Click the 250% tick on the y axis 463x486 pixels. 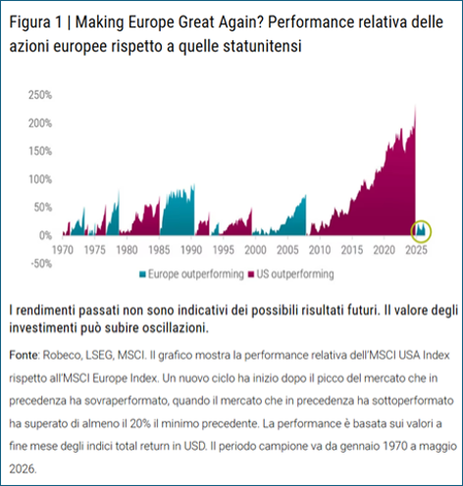tap(40, 95)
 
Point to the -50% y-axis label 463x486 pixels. tap(41, 264)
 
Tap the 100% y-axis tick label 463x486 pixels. tap(40, 179)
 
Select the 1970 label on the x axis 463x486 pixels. tap(63, 250)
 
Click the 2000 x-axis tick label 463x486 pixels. tap(255, 250)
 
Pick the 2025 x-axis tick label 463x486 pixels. tap(417, 250)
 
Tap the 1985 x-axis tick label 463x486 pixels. tap(159, 250)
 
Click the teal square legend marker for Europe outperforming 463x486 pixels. tap(142, 274)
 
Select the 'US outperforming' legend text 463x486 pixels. tap(295, 274)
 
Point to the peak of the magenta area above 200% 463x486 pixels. tap(415, 106)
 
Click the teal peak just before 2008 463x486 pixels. tap(306, 195)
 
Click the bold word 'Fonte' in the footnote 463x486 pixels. tap(24, 355)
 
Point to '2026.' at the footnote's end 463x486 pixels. tap(23, 469)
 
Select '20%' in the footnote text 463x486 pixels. tap(140, 423)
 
